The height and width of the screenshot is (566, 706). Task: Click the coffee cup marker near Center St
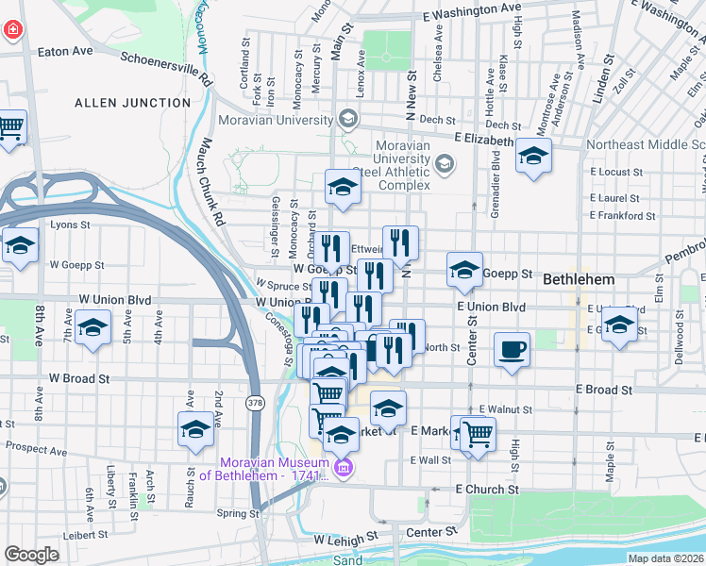tap(512, 350)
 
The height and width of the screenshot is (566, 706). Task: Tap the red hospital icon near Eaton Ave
tap(13, 29)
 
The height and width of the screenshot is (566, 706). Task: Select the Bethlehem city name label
tap(578, 280)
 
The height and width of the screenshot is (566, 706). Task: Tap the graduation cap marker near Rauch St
tap(195, 428)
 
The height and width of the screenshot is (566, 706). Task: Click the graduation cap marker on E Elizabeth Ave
tap(533, 155)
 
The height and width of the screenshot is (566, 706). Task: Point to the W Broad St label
tap(79, 377)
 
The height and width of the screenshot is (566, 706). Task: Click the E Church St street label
tap(487, 490)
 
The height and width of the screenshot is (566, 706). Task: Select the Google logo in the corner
tap(31, 555)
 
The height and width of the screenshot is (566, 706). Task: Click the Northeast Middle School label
tap(646, 145)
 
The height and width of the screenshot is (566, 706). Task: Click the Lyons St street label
tap(70, 225)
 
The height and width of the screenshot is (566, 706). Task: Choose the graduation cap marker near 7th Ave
tap(92, 329)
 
